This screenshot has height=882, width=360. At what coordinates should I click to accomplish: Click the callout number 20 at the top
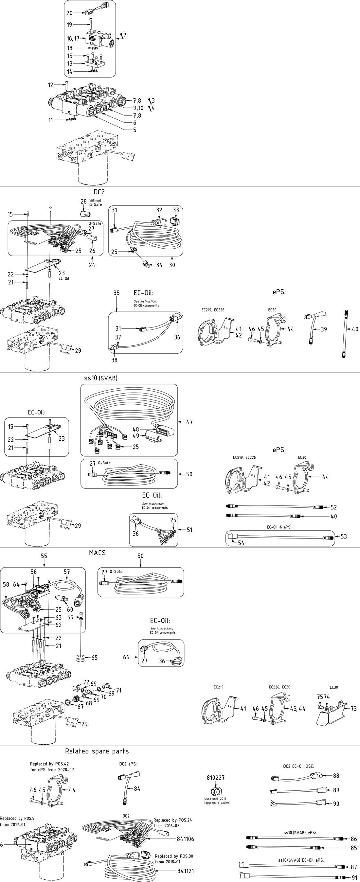click(69, 13)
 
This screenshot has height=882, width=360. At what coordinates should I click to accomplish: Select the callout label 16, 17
click(73, 39)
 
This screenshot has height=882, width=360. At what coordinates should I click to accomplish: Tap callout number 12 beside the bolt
click(51, 85)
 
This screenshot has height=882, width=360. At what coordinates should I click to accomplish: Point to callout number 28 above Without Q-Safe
click(83, 201)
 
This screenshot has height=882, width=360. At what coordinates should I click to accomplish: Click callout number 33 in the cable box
click(175, 210)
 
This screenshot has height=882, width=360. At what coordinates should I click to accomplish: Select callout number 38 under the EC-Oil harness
click(115, 360)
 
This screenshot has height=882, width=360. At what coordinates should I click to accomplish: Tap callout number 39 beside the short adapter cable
click(324, 329)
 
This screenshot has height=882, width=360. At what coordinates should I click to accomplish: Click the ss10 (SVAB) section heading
click(101, 378)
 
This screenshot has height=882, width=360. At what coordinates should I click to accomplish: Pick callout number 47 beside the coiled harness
click(189, 422)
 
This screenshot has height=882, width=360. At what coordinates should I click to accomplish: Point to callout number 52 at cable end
click(333, 507)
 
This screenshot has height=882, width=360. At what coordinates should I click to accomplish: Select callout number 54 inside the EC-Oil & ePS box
click(241, 543)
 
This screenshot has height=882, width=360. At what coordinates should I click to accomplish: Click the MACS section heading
click(97, 553)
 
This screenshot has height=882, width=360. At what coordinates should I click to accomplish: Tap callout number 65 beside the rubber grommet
click(94, 657)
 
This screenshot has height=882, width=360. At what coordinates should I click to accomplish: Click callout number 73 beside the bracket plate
click(353, 708)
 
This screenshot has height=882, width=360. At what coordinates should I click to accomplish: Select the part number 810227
click(215, 778)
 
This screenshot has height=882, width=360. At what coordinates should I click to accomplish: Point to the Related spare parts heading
click(97, 751)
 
